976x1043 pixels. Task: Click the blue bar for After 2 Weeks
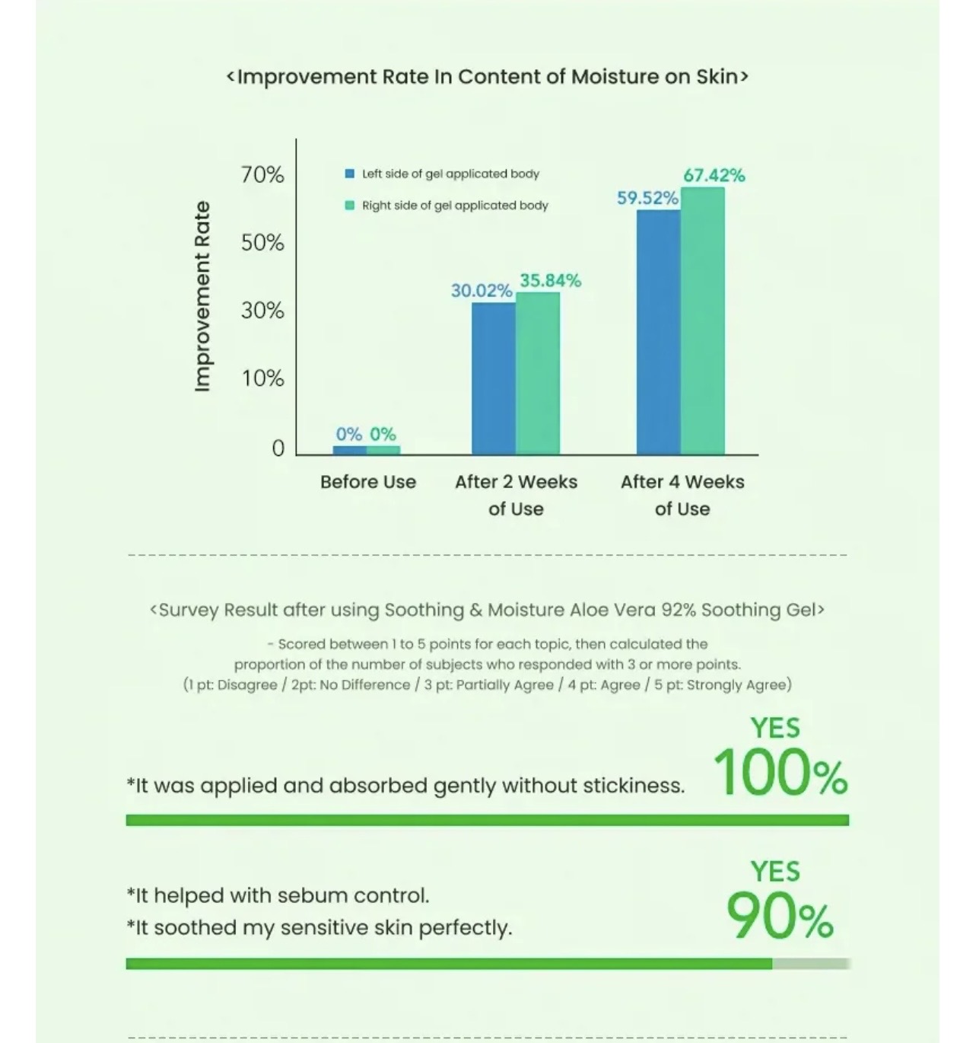tap(493, 378)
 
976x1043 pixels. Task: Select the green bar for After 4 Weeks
tap(702, 321)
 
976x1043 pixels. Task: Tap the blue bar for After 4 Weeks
tap(658, 332)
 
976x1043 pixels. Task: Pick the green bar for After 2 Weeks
tap(538, 373)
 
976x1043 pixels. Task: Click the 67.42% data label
tap(714, 175)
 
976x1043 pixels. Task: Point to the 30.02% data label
tap(481, 290)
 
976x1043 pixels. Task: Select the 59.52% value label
tap(647, 198)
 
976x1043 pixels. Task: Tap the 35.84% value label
tap(550, 280)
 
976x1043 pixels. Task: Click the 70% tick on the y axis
tap(262, 174)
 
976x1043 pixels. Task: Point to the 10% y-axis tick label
tap(262, 378)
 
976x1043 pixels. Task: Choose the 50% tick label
tap(262, 242)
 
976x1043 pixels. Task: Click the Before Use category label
tap(368, 482)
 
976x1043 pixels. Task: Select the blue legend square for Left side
tap(350, 174)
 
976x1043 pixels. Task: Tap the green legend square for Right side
tap(350, 205)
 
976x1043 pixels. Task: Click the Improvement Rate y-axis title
tap(202, 296)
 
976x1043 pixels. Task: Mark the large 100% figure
tap(780, 773)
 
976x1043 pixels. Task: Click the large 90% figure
tap(780, 916)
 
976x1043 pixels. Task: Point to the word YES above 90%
tap(775, 871)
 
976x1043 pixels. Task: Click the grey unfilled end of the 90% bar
tap(810, 964)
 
